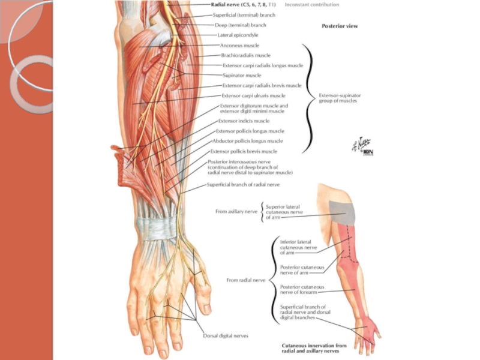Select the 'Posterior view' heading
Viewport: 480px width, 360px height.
click(x=340, y=26)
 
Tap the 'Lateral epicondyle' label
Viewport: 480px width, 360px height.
click(x=238, y=35)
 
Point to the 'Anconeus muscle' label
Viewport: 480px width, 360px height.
click(x=239, y=45)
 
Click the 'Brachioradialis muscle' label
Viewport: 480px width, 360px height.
click(x=246, y=55)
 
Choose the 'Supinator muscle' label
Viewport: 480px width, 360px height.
click(x=242, y=76)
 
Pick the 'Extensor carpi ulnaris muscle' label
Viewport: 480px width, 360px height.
click(x=253, y=95)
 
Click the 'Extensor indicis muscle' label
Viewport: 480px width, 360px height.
click(x=244, y=121)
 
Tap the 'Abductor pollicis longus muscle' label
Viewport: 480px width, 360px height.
click(x=248, y=141)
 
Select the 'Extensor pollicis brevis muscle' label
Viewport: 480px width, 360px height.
click(x=244, y=151)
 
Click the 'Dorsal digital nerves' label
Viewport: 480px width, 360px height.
click(x=225, y=335)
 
